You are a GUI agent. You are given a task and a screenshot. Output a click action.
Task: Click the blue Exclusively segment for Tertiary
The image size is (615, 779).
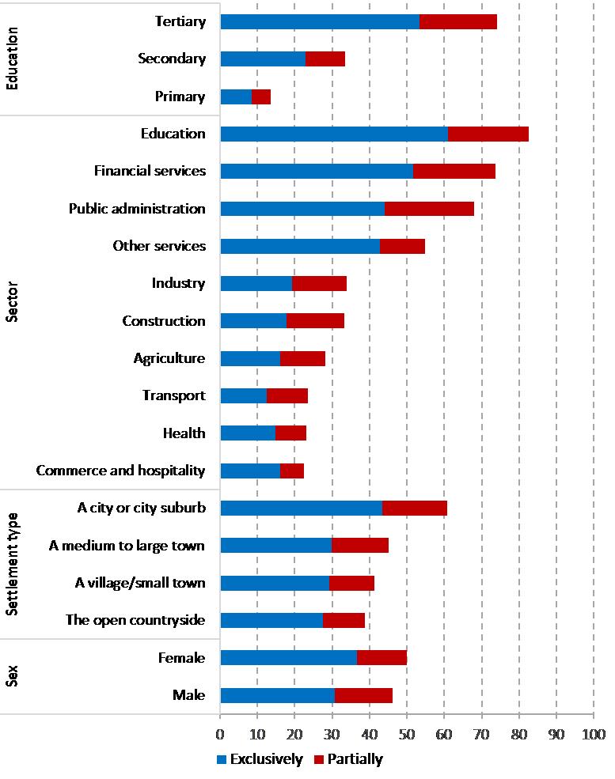click(x=320, y=22)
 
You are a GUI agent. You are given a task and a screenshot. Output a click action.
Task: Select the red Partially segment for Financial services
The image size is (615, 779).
click(x=454, y=171)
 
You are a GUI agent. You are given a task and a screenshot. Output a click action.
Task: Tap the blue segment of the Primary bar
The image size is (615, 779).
click(x=236, y=97)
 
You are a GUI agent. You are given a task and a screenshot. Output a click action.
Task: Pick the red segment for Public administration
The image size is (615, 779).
click(x=429, y=209)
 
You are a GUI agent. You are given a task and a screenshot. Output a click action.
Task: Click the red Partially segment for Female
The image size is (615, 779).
click(x=382, y=658)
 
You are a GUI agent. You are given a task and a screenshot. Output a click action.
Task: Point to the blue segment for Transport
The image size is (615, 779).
click(x=243, y=395)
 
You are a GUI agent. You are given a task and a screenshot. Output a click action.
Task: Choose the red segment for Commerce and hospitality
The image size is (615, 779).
click(x=292, y=471)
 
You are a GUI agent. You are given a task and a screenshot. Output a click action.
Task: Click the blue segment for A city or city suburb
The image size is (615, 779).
click(x=301, y=508)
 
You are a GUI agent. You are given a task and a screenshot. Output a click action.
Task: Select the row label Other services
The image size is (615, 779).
click(x=159, y=246)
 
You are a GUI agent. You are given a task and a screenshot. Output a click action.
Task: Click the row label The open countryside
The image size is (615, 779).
click(x=135, y=620)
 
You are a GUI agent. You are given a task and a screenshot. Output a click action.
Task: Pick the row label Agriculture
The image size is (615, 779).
click(x=169, y=358)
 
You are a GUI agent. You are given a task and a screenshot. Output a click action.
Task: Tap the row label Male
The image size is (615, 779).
click(x=189, y=695)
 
